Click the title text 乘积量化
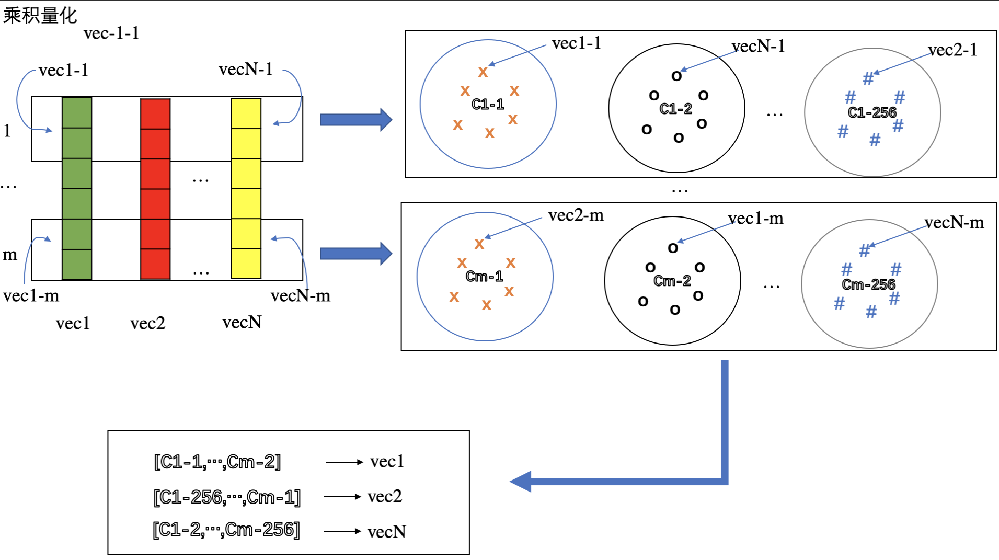pos(40,15)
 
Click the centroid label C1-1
pos(488,104)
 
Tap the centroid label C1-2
pos(675,109)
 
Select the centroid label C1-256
pos(871,112)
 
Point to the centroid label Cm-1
pos(484,276)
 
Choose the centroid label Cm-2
pos(672,281)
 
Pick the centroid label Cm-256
pos(868,284)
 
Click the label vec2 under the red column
pos(147,323)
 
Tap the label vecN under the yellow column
pos(242,322)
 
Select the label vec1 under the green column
pos(73,324)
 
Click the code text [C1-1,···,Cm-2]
pos(217,462)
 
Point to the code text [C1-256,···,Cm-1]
pos(227,497)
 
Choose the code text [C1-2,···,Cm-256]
pos(226,530)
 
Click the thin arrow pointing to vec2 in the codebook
pos(342,496)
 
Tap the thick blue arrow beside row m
pos(356,254)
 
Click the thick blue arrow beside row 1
pos(356,120)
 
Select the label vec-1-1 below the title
pos(111,33)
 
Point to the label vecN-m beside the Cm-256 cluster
pos(954,223)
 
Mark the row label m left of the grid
pos(10,255)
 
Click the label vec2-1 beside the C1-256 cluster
pos(952,50)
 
